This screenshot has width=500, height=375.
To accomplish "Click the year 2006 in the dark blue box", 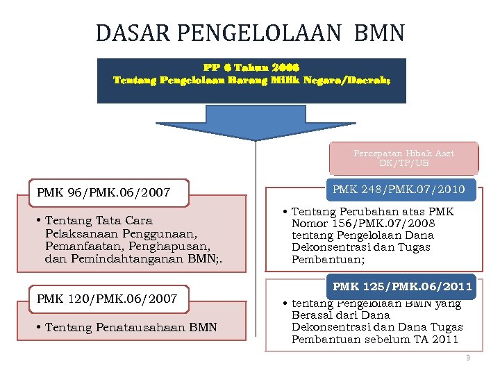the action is point(283,67).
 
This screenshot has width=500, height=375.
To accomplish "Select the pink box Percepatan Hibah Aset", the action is point(403,158).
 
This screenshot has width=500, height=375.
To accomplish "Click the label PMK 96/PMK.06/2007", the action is point(103,192).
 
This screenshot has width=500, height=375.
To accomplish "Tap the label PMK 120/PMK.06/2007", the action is point(107,299).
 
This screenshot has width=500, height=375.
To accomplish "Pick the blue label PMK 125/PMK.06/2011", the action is point(402,286).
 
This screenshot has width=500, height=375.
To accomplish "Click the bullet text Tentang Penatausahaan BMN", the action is point(131,327).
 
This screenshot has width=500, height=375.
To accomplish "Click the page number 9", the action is point(467,358).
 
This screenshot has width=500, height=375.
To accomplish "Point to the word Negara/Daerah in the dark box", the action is point(353,80).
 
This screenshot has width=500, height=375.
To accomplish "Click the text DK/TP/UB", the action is point(403,163).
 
